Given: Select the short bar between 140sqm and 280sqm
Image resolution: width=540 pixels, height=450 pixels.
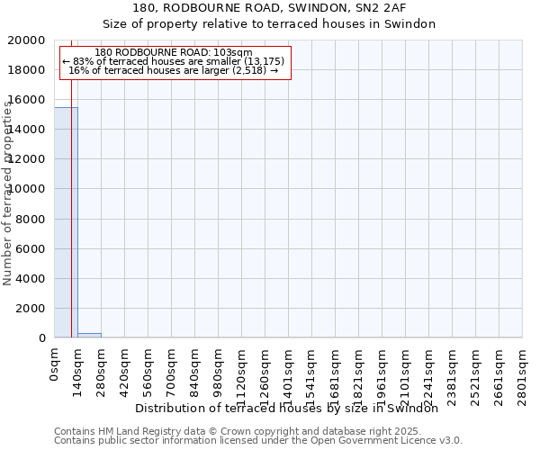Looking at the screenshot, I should point(89,335).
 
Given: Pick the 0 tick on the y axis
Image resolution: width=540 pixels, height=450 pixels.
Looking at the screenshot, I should point(42,338).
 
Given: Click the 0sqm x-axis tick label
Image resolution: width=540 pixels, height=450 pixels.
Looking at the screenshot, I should point(54,365).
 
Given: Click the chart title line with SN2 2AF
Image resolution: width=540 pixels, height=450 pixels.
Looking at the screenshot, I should point(269,9).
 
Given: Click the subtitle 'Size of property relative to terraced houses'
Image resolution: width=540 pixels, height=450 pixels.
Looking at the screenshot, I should point(269,24).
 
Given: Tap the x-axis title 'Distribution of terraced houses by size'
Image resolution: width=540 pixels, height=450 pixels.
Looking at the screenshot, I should point(292,408).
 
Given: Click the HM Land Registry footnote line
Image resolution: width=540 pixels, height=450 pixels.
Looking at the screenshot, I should point(238,431).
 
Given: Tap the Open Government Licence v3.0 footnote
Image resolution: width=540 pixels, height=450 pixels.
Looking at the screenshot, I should point(258,441).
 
